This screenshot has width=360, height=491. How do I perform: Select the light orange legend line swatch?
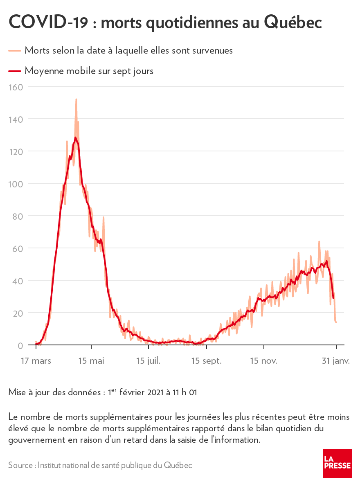[x=14, y=50]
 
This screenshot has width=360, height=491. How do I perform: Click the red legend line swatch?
[x=14, y=71]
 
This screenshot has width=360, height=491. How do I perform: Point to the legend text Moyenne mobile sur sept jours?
[x=89, y=71]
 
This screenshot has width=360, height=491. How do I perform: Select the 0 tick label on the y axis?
[x=20, y=345]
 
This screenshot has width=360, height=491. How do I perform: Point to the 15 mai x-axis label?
[x=92, y=361]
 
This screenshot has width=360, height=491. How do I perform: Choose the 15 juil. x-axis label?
[x=148, y=361]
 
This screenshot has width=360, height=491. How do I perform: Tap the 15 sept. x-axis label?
[x=207, y=361]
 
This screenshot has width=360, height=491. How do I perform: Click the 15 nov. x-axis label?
[x=263, y=361]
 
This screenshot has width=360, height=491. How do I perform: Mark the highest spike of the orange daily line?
[x=76, y=99]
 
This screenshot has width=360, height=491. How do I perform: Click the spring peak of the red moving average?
[x=76, y=138]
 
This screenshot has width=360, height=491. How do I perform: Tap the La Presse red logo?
[x=337, y=463]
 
